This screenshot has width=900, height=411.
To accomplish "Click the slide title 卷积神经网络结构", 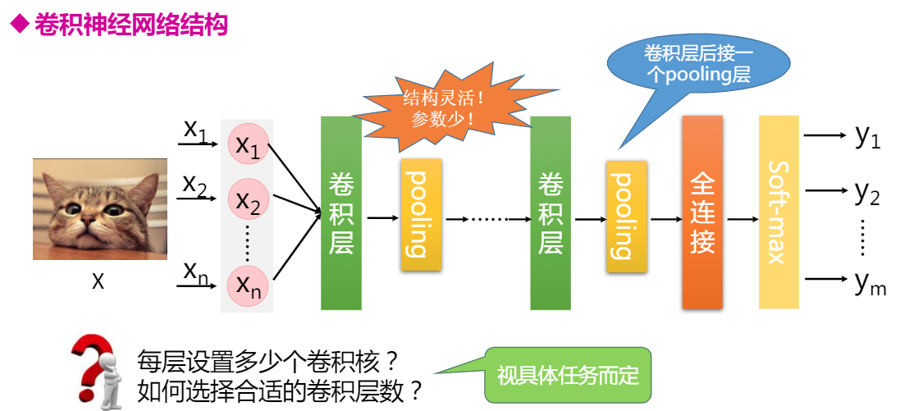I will (x=130, y=25).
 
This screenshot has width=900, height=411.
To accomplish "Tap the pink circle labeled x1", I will (x=247, y=145).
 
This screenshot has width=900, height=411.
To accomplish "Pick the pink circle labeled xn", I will (x=247, y=285).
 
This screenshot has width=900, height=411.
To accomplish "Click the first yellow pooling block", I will (x=421, y=215).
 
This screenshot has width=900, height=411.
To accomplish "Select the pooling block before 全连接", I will (x=628, y=215).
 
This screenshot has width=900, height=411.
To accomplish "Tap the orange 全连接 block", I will (x=702, y=212).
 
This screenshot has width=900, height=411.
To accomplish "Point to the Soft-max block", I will (x=779, y=212).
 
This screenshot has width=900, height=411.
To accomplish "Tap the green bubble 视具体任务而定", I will (x=567, y=376).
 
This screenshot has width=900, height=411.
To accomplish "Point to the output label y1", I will (x=867, y=137).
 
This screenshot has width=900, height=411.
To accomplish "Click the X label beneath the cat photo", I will (x=98, y=281).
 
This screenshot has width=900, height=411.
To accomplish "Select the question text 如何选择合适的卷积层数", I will (x=279, y=390).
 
